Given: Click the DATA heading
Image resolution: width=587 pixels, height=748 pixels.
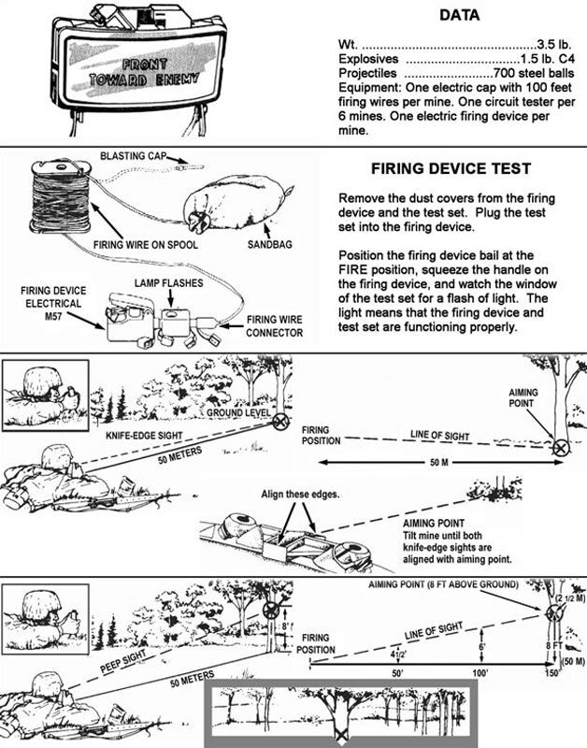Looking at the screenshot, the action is (x=459, y=15).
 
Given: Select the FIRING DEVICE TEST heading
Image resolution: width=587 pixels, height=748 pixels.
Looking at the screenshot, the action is (x=451, y=168).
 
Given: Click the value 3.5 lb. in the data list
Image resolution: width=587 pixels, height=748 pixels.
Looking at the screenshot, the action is (x=554, y=45).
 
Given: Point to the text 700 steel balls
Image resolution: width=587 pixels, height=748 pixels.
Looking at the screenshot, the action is (x=534, y=74).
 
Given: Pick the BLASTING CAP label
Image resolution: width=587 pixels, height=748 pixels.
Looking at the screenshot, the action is (x=133, y=156).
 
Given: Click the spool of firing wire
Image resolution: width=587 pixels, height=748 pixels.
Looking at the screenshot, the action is (x=61, y=196).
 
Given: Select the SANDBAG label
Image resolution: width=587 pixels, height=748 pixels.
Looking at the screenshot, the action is (x=269, y=245).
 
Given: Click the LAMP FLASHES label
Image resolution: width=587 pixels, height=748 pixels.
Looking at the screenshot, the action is (x=169, y=283).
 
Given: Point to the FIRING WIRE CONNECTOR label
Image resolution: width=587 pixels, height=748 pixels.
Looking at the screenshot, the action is (x=274, y=326).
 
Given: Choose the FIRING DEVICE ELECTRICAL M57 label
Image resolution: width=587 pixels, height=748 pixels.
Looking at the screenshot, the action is (x=53, y=303).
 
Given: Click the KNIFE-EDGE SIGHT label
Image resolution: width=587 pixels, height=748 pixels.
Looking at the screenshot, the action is (x=144, y=436).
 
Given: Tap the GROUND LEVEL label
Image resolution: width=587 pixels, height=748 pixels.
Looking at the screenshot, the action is (x=238, y=412).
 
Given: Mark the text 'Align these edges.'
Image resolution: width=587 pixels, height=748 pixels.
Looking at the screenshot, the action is (x=300, y=495).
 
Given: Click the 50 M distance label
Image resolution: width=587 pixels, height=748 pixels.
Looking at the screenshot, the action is (x=438, y=462).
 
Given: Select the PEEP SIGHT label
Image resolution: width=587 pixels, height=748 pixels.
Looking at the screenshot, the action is (x=123, y=662).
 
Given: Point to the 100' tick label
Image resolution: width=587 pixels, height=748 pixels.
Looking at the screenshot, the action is (x=480, y=673).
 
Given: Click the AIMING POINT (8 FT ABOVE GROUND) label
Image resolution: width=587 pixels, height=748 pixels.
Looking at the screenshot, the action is (x=443, y=584).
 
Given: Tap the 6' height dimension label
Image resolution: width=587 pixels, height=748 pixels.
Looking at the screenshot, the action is (x=482, y=647).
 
